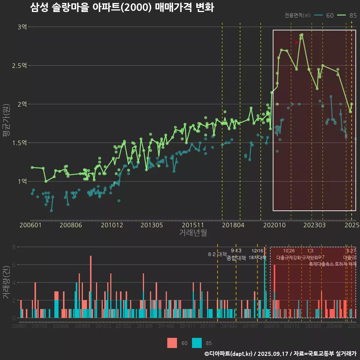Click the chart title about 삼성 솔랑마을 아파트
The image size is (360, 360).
click(x=122, y=7)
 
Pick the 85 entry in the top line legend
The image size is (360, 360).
click(x=347, y=15)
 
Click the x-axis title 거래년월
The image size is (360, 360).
click(x=193, y=233)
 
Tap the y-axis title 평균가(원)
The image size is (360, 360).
click(x=6, y=120)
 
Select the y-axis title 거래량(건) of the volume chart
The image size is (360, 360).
click(x=6, y=282)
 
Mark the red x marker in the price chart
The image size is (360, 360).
click(x=297, y=42)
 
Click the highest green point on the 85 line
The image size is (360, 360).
click(x=302, y=35)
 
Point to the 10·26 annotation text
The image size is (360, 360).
click(x=289, y=250)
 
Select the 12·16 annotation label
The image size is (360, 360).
click(x=257, y=250)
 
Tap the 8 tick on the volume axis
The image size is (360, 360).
click(x=14, y=247)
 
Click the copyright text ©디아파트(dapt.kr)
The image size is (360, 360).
click(x=229, y=354)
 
